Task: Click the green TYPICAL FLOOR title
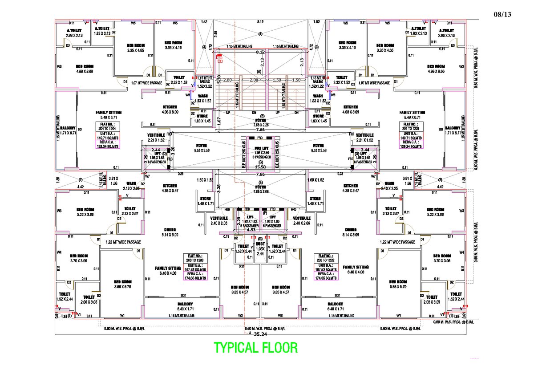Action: tap(255, 347)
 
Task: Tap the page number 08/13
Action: tap(503, 14)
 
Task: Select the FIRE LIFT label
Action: tap(261, 149)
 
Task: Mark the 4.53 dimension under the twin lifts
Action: tap(251, 230)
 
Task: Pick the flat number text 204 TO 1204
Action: tap(106, 128)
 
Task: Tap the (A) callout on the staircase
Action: tap(259, 71)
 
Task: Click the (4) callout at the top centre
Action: tap(260, 34)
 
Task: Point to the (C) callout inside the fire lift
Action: tap(260, 162)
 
